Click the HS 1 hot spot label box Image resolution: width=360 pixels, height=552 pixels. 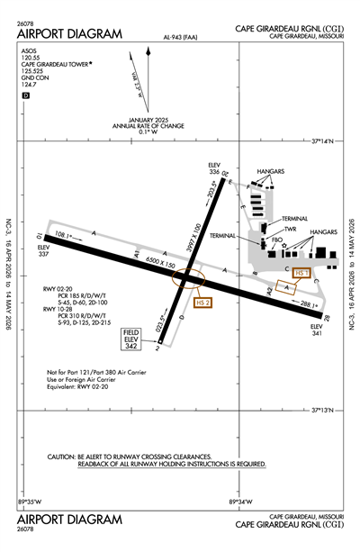(300, 271)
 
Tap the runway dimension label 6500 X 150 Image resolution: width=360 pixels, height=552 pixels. (160, 262)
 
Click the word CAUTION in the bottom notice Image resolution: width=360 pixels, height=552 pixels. (61, 457)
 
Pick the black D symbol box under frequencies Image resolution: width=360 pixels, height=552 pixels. (26, 95)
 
